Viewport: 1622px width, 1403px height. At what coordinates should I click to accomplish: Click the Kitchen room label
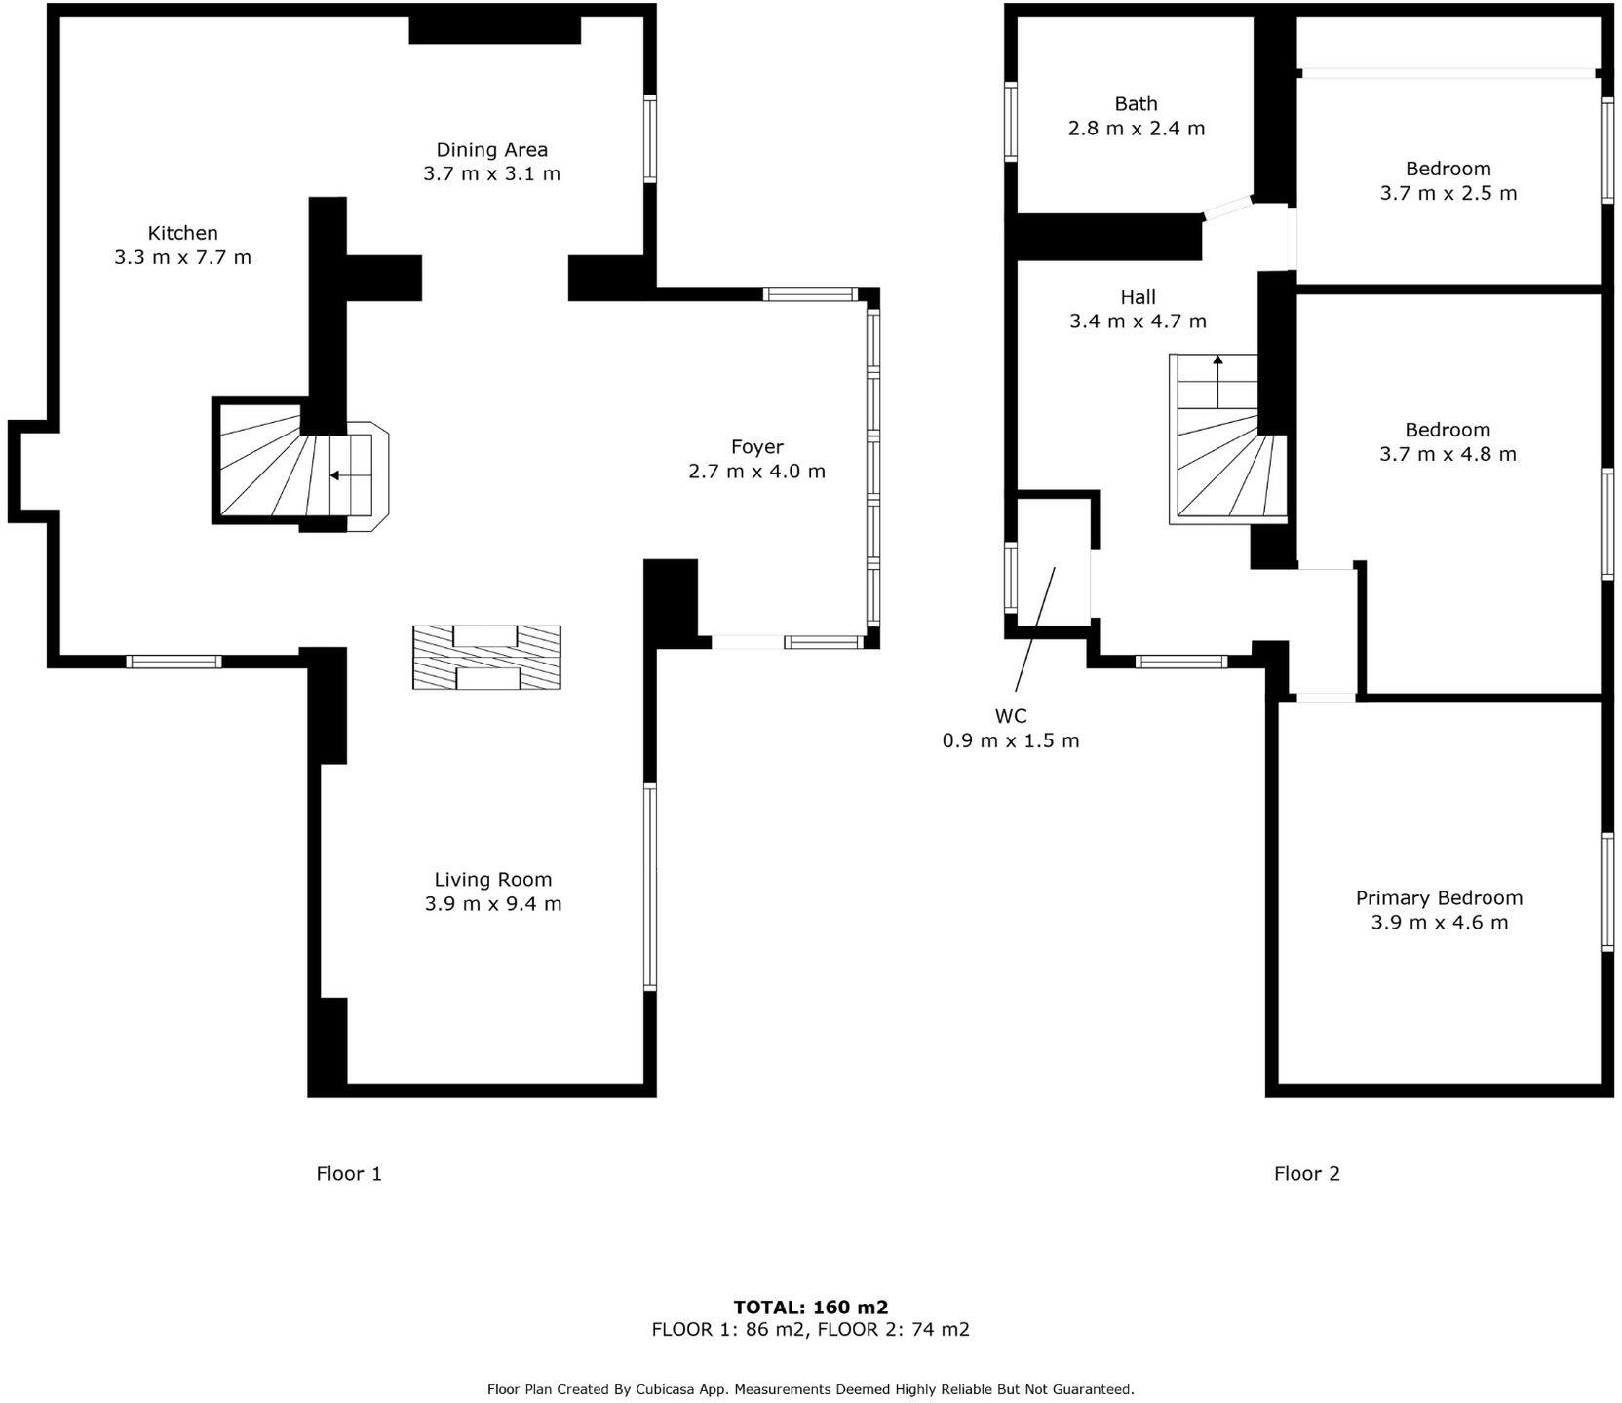pyautogui.click(x=182, y=233)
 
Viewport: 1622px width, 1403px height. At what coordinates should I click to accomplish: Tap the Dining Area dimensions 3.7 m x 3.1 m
pyautogui.click(x=491, y=174)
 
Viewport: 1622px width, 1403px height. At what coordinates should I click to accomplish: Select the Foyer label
pyautogui.click(x=756, y=447)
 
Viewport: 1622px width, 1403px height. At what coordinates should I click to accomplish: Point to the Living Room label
pyautogui.click(x=492, y=880)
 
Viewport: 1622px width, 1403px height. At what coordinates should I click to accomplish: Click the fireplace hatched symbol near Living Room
pyautogui.click(x=486, y=659)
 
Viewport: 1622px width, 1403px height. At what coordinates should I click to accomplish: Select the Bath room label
pyautogui.click(x=1136, y=104)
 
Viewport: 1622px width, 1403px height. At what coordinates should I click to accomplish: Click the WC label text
pyautogui.click(x=1010, y=716)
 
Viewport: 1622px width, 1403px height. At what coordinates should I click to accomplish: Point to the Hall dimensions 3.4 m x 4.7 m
pyautogui.click(x=1138, y=322)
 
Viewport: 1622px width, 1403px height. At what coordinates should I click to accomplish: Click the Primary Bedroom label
pyautogui.click(x=1438, y=898)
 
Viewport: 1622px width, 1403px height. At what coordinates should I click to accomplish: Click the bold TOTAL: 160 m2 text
pyautogui.click(x=810, y=1308)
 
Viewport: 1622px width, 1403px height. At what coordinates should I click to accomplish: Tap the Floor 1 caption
pyautogui.click(x=349, y=1174)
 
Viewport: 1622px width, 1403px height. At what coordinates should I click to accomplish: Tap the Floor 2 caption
pyautogui.click(x=1306, y=1174)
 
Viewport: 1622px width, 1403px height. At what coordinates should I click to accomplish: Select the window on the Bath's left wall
pyautogui.click(x=1011, y=121)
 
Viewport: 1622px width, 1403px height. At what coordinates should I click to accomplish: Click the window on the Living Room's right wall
pyautogui.click(x=649, y=887)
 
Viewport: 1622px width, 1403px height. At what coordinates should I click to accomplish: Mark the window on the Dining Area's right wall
pyautogui.click(x=649, y=138)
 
